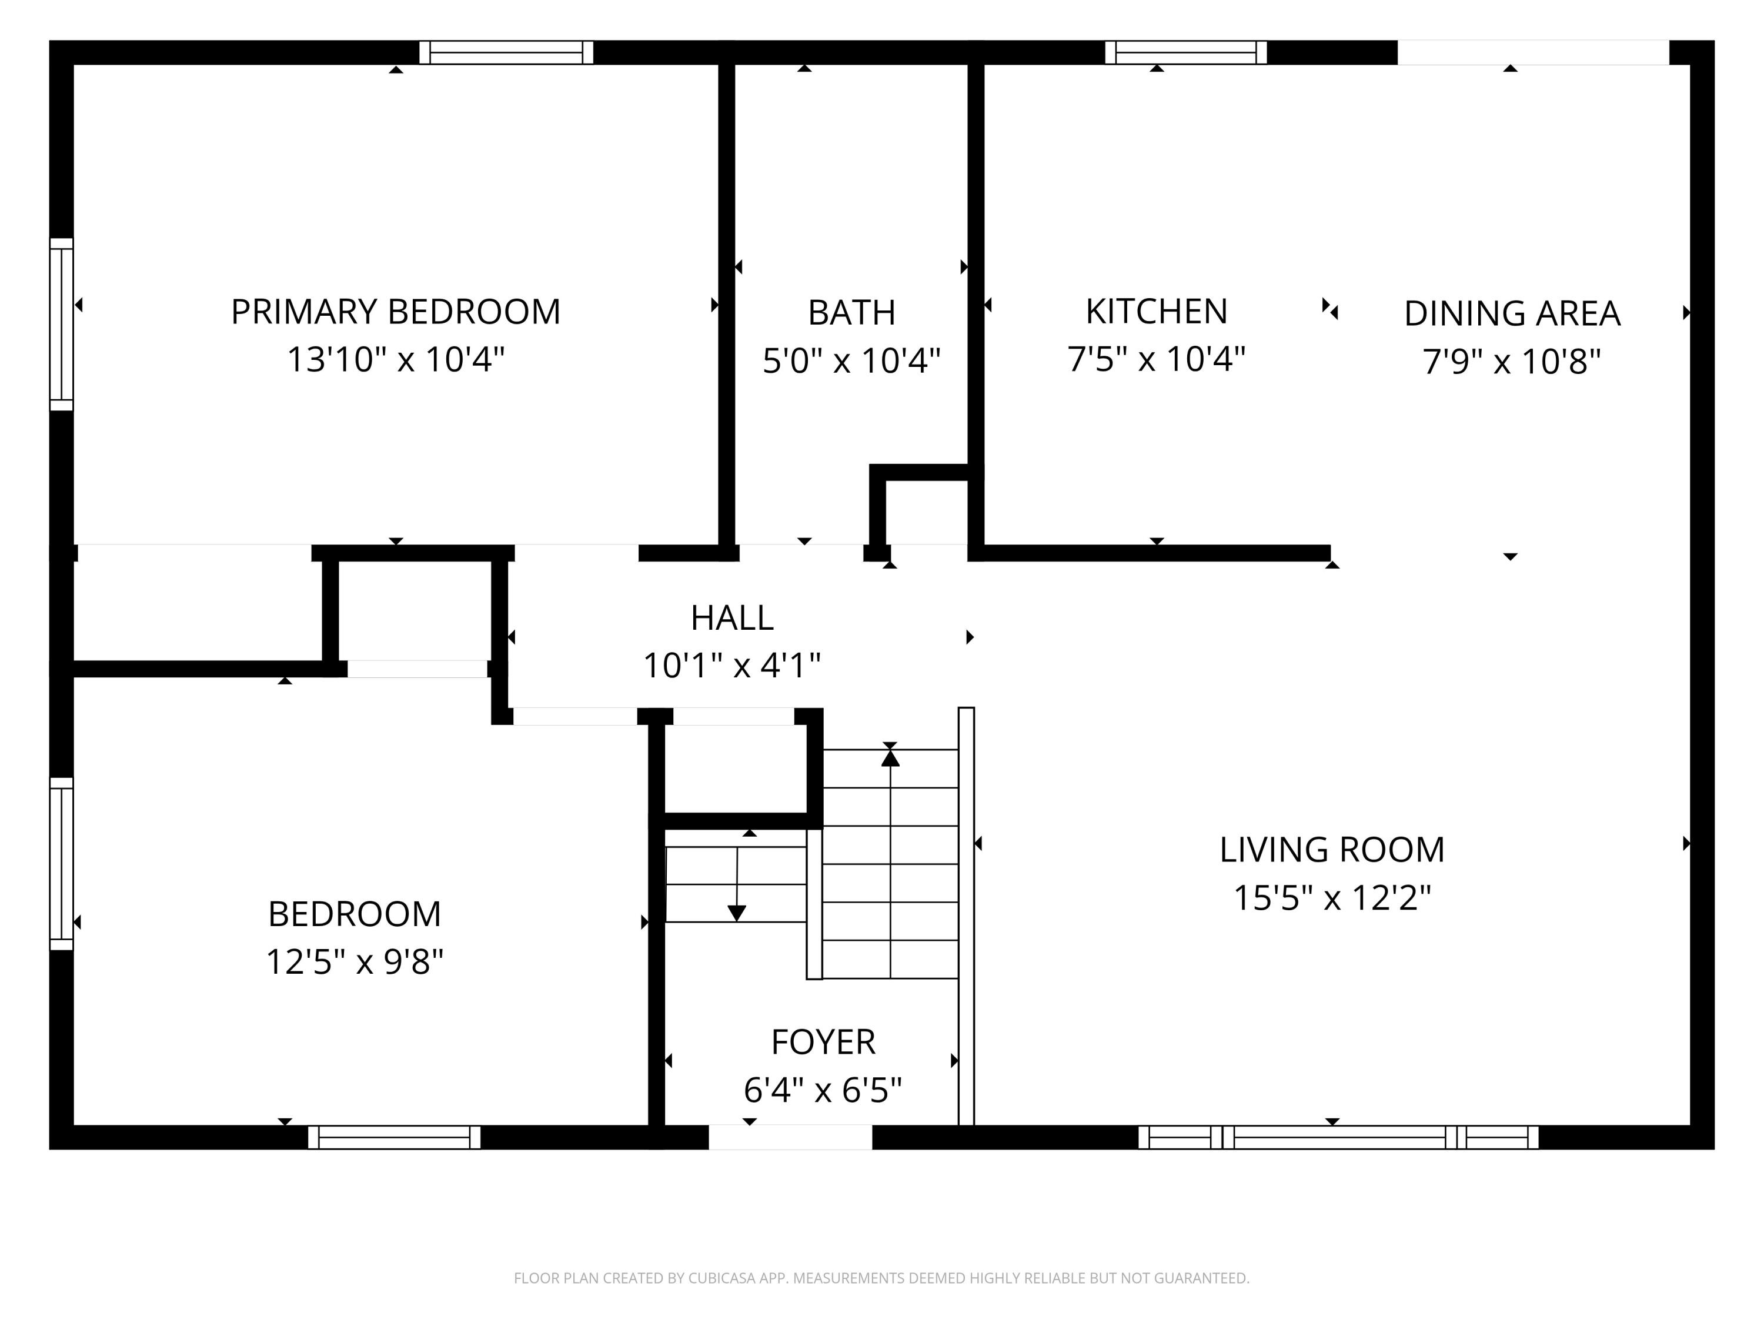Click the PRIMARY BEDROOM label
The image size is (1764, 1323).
(x=396, y=312)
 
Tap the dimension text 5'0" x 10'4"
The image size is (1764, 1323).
(x=851, y=360)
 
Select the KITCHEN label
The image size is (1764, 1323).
(x=1157, y=311)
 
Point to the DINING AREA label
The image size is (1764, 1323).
(x=1512, y=313)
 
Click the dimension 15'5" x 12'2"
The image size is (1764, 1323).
(x=1332, y=898)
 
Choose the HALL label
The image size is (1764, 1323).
(x=731, y=618)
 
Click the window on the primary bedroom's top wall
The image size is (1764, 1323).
(x=506, y=53)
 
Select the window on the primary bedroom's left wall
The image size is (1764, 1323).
(x=61, y=324)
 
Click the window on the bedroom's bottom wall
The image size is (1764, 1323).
(x=394, y=1137)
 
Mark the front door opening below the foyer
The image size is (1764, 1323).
(x=790, y=1137)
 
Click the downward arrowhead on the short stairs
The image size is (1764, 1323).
(x=737, y=913)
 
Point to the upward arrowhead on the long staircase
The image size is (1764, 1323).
(x=890, y=757)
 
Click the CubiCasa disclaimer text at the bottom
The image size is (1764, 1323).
(x=881, y=1278)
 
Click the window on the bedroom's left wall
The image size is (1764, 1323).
(x=61, y=864)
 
